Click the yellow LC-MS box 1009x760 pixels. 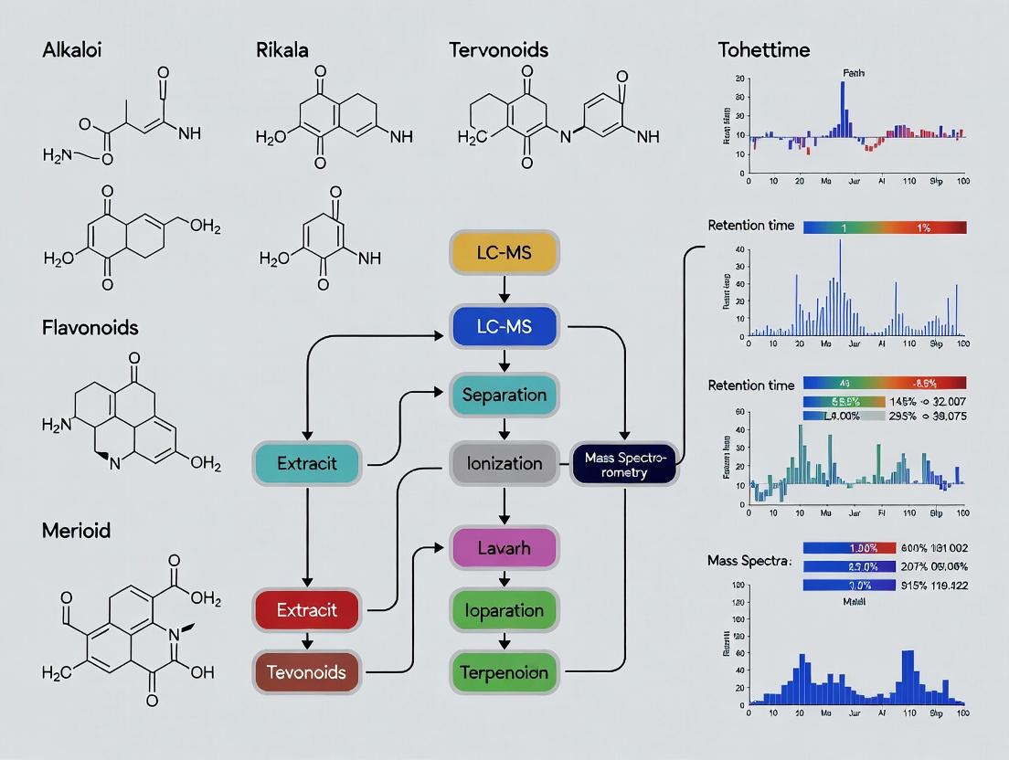click(x=504, y=252)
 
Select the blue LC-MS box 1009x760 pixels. click(x=504, y=327)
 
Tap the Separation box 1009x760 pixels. click(x=504, y=396)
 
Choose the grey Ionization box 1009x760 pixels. click(x=504, y=463)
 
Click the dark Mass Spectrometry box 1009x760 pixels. click(x=625, y=463)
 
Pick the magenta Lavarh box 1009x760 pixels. click(x=504, y=549)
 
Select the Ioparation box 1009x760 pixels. click(x=504, y=610)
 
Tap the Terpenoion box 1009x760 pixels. click(x=504, y=672)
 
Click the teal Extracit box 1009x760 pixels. click(x=307, y=463)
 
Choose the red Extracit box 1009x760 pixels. click(x=307, y=610)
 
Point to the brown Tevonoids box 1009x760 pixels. click(x=307, y=672)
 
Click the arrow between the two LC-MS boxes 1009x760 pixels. click(x=504, y=290)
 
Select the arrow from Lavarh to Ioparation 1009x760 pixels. click(x=504, y=579)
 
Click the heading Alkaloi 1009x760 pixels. click(x=72, y=49)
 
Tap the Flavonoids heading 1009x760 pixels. click(x=90, y=326)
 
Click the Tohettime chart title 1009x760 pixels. click(x=764, y=49)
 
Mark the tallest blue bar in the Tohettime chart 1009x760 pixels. click(x=843, y=108)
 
